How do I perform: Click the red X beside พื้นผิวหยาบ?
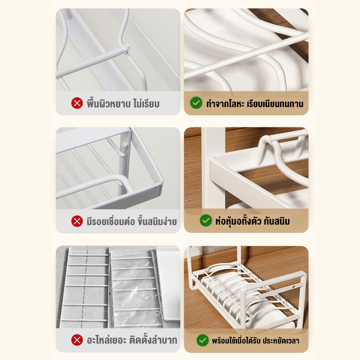click(77, 103)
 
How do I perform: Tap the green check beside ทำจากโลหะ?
click(196, 103)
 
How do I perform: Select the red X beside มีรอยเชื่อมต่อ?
click(77, 221)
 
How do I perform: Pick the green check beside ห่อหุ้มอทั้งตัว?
click(206, 220)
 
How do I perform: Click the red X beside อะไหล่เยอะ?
click(77, 340)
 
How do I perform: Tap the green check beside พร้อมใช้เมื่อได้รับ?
click(202, 340)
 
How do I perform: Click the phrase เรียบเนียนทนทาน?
click(275, 104)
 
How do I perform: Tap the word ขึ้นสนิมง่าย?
click(157, 221)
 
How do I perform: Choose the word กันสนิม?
click(277, 221)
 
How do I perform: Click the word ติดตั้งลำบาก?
click(153, 340)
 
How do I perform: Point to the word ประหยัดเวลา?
click(281, 341)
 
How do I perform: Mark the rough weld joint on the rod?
click(126, 50)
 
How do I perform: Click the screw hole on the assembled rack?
click(294, 287)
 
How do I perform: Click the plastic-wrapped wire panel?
click(136, 288)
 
